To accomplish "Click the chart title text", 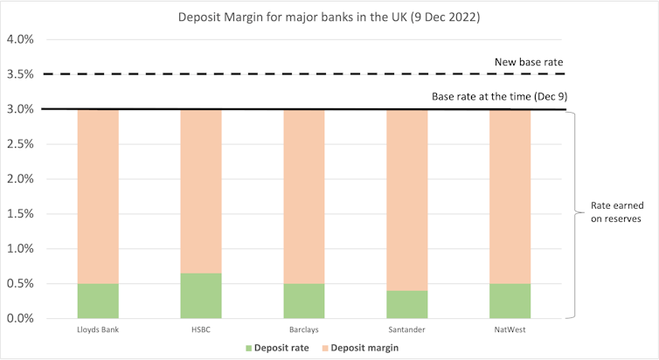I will (329, 16).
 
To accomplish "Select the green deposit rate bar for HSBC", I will (201, 296).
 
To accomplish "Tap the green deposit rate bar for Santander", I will (407, 305).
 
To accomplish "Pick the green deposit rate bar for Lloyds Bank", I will (98, 301).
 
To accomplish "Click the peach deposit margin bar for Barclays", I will (304, 197).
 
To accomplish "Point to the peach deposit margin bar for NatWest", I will (510, 197).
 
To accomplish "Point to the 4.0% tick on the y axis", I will (20, 40).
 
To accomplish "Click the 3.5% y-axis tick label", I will (20, 75).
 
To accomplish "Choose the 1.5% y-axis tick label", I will (20, 214).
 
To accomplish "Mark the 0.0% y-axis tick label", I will (20, 319).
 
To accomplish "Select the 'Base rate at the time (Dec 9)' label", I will (500, 96).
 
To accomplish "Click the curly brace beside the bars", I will (574, 214).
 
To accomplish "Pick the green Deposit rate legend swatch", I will (262, 349).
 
